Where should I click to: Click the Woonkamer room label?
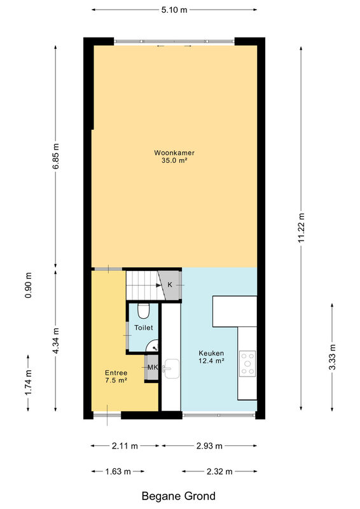point(174,153)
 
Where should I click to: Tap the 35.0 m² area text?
point(174,160)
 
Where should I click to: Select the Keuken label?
point(211,353)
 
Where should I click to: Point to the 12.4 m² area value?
point(212,361)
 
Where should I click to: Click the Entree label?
point(116,373)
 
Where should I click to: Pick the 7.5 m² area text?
point(116,380)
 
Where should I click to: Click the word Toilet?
point(144,328)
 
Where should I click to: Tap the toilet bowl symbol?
point(143,311)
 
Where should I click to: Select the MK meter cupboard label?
point(153,368)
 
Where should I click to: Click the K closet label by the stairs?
point(170,284)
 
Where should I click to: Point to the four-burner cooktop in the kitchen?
point(247,363)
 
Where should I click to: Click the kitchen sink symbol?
point(171,369)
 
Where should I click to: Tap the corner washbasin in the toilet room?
point(153,346)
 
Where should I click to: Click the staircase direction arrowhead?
point(158,285)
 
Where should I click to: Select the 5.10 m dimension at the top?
point(174,10)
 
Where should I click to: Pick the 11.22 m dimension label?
point(301,228)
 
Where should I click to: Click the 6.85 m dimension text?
point(56,156)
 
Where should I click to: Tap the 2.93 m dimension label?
point(209,446)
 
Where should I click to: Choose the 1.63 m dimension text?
point(118,471)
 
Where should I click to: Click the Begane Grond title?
point(179,496)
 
